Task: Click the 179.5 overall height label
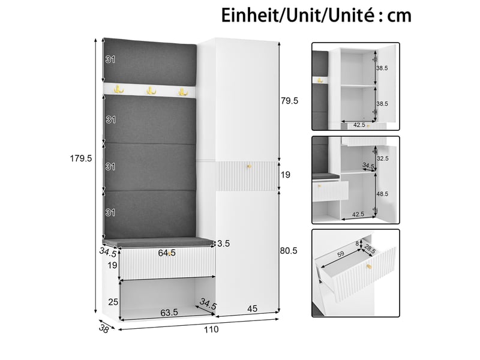click(81, 158)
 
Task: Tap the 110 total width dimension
click(212, 329)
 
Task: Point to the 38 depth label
click(104, 329)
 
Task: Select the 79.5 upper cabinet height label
click(289, 101)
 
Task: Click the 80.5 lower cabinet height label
click(289, 251)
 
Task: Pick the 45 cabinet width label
click(252, 308)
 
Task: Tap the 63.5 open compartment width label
click(169, 313)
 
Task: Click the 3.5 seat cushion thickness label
click(223, 244)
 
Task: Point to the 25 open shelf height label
click(113, 302)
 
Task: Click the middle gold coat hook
click(151, 91)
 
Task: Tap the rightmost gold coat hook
click(183, 91)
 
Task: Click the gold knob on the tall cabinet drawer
click(249, 166)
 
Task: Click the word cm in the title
click(400, 16)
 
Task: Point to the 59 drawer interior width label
click(341, 254)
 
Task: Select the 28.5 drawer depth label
click(370, 249)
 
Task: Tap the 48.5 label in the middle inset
click(382, 194)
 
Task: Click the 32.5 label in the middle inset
click(383, 158)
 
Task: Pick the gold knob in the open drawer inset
click(370, 266)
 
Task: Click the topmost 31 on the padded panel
click(110, 59)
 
